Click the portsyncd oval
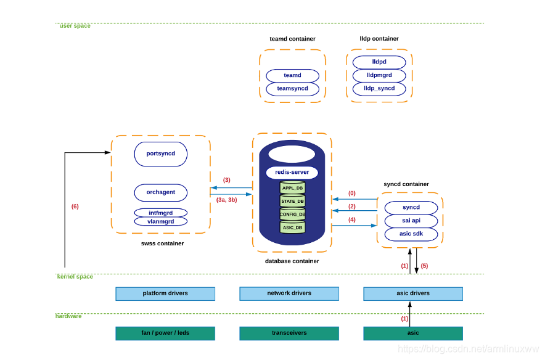click(160, 154)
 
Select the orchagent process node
click(160, 192)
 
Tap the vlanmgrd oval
click(160, 221)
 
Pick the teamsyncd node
click(292, 89)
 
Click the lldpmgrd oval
click(379, 75)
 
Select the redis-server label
click(292, 173)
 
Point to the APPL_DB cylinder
click(292, 187)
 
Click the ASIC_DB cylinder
click(292, 227)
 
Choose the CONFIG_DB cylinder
click(292, 214)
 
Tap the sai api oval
click(411, 221)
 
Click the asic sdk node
click(411, 234)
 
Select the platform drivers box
click(165, 293)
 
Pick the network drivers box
click(289, 293)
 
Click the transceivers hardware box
click(289, 333)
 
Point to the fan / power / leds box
click(165, 333)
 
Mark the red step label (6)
click(75, 207)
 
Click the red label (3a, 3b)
click(227, 200)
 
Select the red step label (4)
click(352, 219)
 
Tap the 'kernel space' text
click(75, 277)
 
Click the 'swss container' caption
click(162, 243)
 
